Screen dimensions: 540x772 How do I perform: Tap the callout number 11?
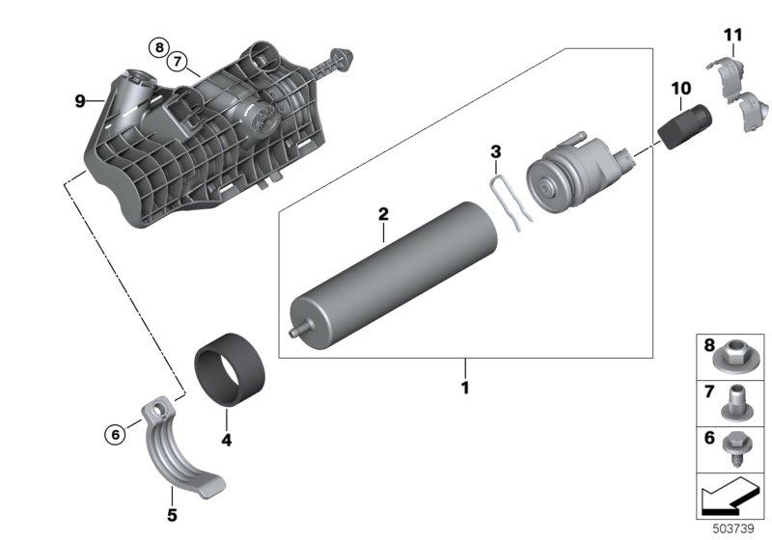[734, 37]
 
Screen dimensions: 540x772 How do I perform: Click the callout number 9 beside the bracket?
[81, 99]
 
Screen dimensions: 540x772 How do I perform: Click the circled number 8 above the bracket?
[158, 46]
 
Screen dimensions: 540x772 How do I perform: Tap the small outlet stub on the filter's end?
[294, 331]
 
